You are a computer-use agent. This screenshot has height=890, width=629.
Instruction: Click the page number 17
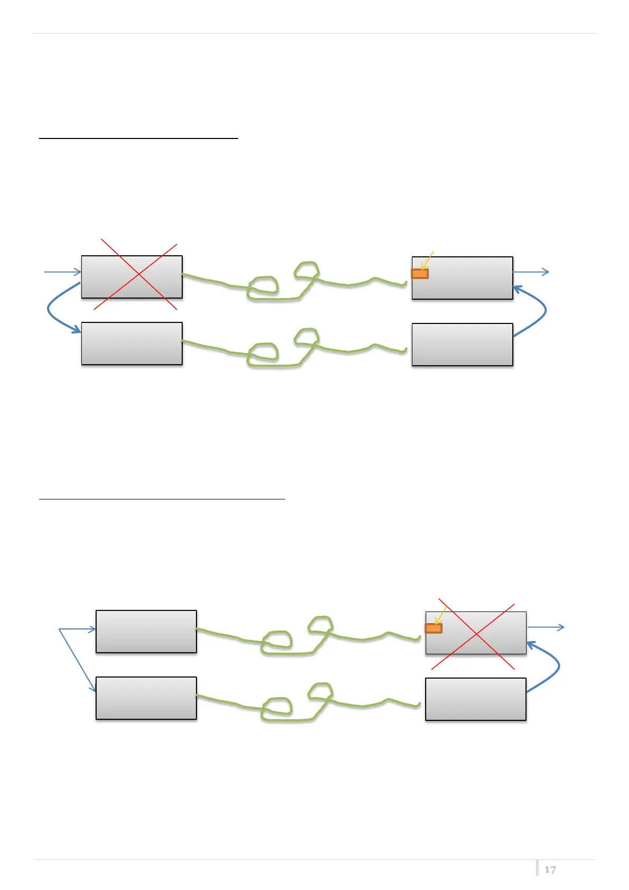pos(550,869)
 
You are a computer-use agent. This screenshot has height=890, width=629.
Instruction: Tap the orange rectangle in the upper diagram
pos(420,274)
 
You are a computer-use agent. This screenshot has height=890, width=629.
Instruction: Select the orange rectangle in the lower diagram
pos(434,628)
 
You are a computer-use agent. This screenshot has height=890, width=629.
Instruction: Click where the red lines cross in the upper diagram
pos(138,275)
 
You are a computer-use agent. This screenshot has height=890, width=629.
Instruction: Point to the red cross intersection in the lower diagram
pos(476,634)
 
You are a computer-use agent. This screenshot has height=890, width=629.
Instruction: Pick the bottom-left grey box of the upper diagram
pos(132,344)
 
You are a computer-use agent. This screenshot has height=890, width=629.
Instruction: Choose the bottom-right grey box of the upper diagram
pos(462,345)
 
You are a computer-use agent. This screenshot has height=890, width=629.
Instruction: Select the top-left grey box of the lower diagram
pos(146,632)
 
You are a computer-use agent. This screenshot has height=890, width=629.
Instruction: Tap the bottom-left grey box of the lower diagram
pos(146,698)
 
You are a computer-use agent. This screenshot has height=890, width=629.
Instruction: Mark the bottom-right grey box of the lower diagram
pos(475,699)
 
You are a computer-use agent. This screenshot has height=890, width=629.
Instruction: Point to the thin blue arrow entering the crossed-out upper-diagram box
pos(62,272)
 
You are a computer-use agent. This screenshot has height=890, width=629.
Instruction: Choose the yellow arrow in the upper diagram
pos(427,261)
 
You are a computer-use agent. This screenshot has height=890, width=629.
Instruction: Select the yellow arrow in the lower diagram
pos(440,616)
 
